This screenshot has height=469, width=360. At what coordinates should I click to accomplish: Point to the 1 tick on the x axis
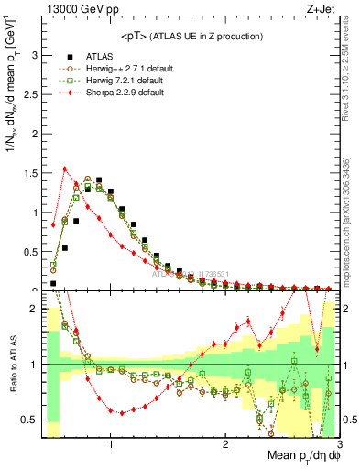point(111,444)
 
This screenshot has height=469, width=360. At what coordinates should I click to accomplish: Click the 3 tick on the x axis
point(339,444)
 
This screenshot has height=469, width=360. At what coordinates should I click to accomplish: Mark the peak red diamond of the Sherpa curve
point(64,169)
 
